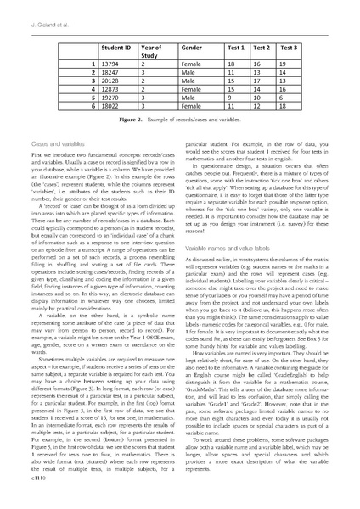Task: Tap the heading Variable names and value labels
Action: coord(225,246)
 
